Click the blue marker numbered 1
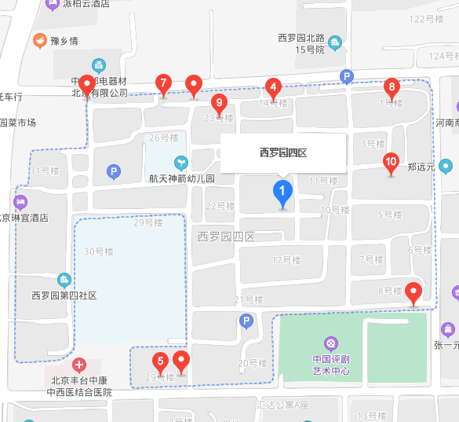(282, 192)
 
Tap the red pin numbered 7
(163, 83)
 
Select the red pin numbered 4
(273, 87)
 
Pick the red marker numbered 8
(392, 87)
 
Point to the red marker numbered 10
(391, 163)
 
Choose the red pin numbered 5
(161, 363)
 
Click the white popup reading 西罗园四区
(283, 153)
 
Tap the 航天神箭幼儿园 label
(182, 178)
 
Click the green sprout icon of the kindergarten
(182, 163)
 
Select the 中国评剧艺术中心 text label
(331, 365)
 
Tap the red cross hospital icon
(78, 365)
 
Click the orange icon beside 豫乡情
(39, 41)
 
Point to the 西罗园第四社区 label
(64, 295)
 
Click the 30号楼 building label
(99, 251)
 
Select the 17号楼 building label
(286, 260)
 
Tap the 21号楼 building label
(249, 299)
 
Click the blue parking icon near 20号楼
(246, 321)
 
